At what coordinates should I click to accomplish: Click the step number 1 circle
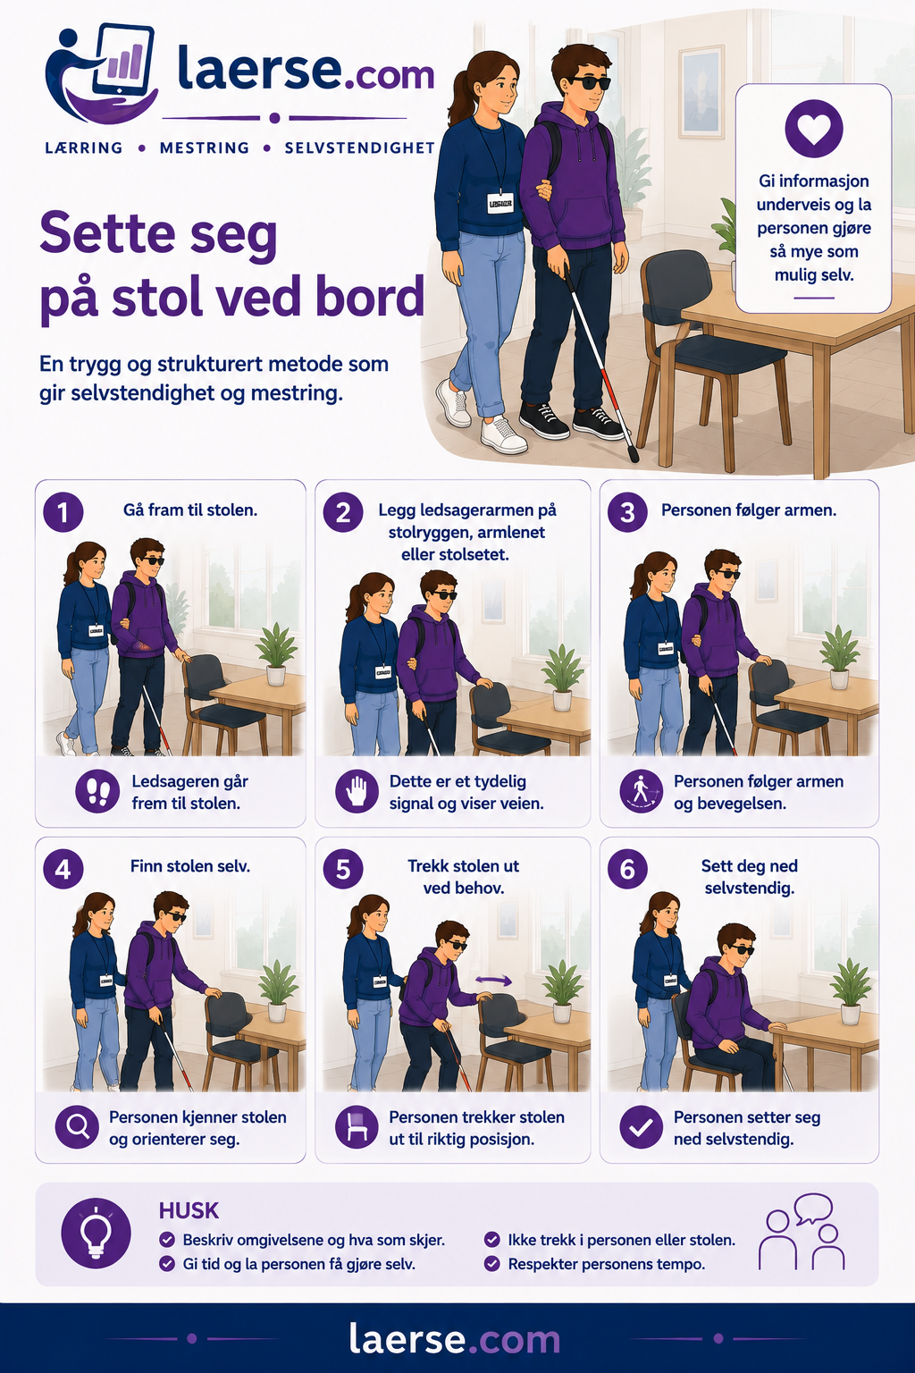pyautogui.click(x=63, y=512)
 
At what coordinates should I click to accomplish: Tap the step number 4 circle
pyautogui.click(x=63, y=869)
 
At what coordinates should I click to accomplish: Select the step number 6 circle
pyautogui.click(x=627, y=869)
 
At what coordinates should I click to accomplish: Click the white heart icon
pyautogui.click(x=814, y=129)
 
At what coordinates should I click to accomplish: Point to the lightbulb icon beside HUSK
pyautogui.click(x=97, y=1233)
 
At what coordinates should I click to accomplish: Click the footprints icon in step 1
pyautogui.click(x=97, y=791)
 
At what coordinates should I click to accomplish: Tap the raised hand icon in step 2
pyautogui.click(x=357, y=791)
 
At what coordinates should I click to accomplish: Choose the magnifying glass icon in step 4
pyautogui.click(x=77, y=1126)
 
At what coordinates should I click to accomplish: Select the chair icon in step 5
pyautogui.click(x=357, y=1126)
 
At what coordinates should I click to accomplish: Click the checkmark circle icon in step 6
pyautogui.click(x=641, y=1126)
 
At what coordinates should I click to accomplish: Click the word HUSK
pyautogui.click(x=189, y=1210)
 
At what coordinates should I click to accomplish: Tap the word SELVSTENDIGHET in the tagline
pyautogui.click(x=360, y=147)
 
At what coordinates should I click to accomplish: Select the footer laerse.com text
pyautogui.click(x=455, y=1337)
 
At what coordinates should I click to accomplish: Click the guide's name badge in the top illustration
pyautogui.click(x=500, y=203)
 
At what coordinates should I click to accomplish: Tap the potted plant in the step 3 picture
pyautogui.click(x=839, y=656)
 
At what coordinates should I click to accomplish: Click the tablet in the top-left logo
pyautogui.click(x=123, y=60)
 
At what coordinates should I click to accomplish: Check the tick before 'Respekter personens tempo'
pyautogui.click(x=492, y=1263)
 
